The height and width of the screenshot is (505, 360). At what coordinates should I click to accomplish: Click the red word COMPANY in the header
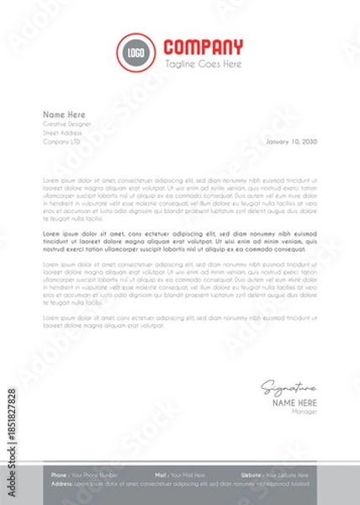203,47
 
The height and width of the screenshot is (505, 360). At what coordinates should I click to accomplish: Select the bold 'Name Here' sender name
65,114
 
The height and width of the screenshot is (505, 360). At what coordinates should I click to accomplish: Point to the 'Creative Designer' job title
67,124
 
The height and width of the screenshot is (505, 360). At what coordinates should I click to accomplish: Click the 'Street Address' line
62,132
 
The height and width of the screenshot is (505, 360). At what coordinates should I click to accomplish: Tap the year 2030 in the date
310,141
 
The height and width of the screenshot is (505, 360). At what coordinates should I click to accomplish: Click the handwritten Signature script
289,388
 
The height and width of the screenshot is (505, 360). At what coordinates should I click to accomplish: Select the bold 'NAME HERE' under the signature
294,403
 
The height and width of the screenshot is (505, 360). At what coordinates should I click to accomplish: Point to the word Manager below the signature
304,412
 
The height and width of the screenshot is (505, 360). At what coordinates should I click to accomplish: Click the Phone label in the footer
59,476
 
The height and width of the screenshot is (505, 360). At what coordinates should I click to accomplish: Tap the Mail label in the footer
161,476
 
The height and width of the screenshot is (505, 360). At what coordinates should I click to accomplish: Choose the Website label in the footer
251,476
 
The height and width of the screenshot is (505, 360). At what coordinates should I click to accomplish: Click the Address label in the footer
61,485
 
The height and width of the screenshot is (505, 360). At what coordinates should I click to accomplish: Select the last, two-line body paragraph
180,321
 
